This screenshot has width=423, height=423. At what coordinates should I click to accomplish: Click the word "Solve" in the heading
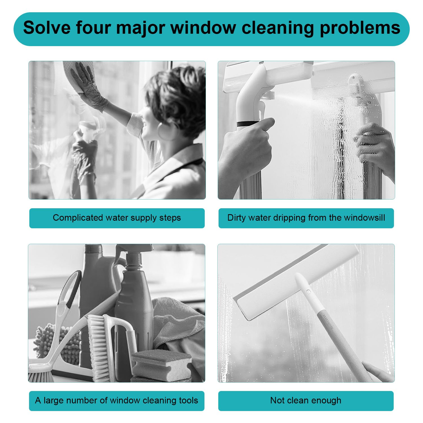47,27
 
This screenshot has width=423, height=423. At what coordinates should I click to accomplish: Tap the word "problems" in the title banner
360,28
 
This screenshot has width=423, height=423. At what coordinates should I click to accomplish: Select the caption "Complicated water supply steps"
117,218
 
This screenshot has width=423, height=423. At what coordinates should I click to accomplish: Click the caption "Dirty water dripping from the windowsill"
306,218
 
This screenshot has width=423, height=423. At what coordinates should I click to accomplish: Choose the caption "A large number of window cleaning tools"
117,401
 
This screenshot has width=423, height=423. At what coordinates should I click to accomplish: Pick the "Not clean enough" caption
306,401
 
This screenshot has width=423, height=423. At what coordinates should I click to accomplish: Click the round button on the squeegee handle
308,292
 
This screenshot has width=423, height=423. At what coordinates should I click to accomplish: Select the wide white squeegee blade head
296,283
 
